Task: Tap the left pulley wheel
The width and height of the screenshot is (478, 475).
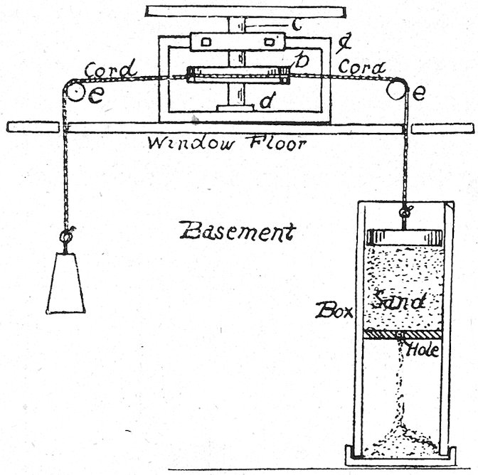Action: point(72,90)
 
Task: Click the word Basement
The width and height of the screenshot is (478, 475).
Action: point(238,231)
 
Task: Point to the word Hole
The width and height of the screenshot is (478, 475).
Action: point(424,350)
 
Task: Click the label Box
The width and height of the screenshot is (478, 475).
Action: point(331,310)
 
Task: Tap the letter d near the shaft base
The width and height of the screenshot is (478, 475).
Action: point(265,102)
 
